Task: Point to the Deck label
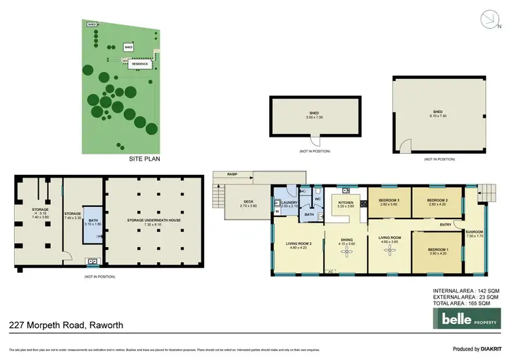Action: [x=249, y=203]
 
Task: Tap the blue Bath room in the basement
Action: [x=92, y=223]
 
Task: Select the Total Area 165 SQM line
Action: [x=466, y=303]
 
